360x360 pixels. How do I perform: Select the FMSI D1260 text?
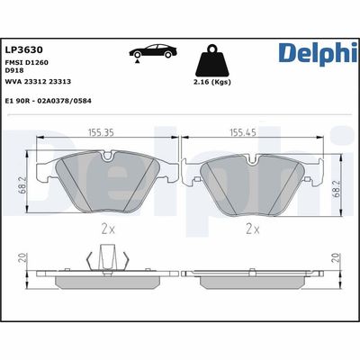point(26,62)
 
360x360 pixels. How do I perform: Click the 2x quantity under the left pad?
point(108,229)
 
